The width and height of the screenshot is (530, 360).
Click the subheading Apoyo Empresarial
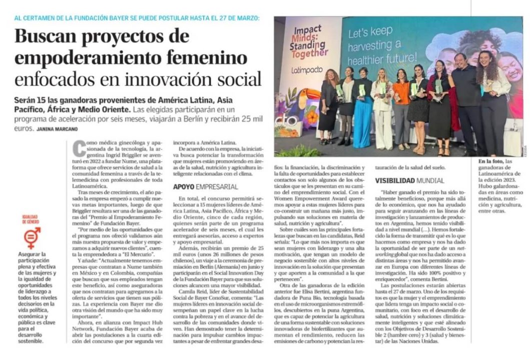click(x=205, y=186)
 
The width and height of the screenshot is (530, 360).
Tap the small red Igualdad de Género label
click(x=32, y=219)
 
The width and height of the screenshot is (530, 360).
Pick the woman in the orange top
click(x=401, y=107)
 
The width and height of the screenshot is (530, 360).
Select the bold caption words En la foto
click(x=488, y=161)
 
